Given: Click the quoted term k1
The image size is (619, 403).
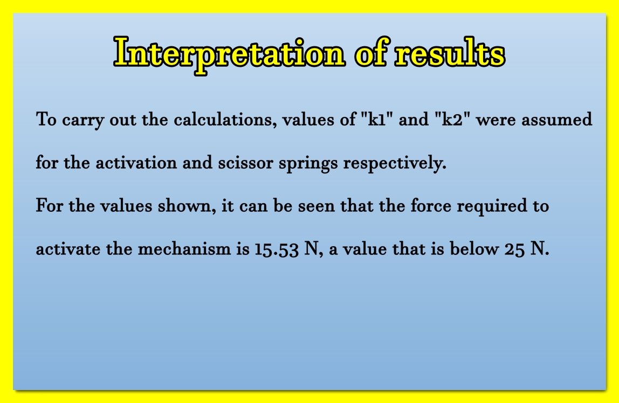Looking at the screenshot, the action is [x=376, y=119].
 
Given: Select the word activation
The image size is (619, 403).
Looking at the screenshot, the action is [x=136, y=163].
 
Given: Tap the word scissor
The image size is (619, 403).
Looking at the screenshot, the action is [x=245, y=163].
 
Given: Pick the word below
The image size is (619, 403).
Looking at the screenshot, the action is [x=474, y=249].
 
